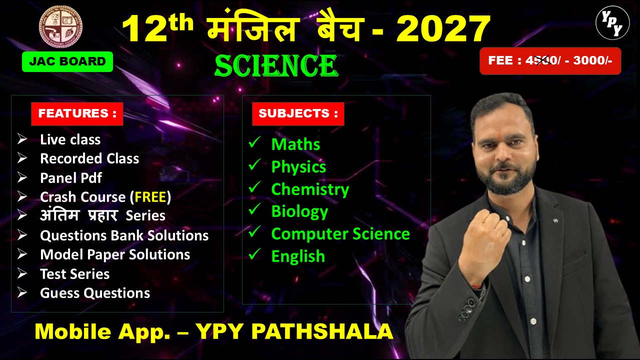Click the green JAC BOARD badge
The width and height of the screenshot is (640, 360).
(x=67, y=61)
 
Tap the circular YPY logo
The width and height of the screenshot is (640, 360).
(x=612, y=23)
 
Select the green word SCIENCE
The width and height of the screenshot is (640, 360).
(x=276, y=66)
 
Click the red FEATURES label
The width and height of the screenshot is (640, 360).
(x=77, y=113)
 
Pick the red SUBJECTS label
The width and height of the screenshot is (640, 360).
(x=298, y=113)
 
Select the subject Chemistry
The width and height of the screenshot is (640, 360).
(x=310, y=189)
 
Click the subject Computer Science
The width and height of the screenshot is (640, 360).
(x=340, y=234)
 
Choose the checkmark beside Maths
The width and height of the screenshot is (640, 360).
(x=254, y=143)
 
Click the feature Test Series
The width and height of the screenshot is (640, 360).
(x=74, y=274)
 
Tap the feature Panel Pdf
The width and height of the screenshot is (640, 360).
(x=71, y=178)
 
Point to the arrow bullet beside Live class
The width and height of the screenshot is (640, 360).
(x=22, y=139)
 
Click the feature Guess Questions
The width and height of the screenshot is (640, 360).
(x=95, y=293)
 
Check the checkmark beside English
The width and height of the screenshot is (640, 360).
(x=254, y=255)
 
